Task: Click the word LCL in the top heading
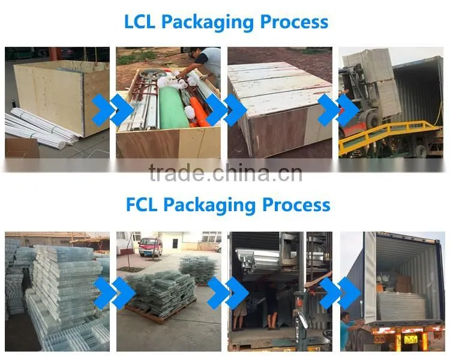coord(139,21)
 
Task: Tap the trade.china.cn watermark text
coord(226,173)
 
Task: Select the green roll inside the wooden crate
coord(173,108)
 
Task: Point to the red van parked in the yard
coord(151,246)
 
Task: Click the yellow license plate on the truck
coord(410,340)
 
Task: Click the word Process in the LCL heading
coord(294,21)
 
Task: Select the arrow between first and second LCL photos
coord(113,110)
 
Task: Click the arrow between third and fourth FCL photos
coord(340,293)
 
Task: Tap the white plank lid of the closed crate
coord(280,86)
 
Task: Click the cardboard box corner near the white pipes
coord(22,148)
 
